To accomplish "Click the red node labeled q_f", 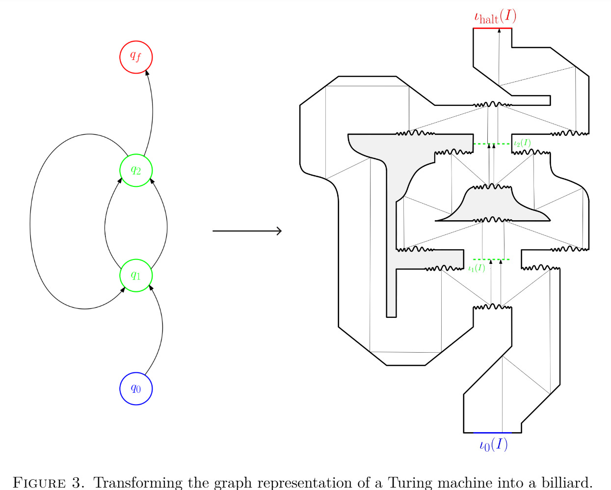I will tap(136, 57).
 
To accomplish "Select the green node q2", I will tap(136, 170).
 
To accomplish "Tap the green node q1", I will tap(136, 276).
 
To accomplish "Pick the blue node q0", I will tap(136, 388).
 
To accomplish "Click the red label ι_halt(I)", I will tap(495, 17).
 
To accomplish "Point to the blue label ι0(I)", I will tap(493, 445).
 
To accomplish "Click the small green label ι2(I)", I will tap(522, 143).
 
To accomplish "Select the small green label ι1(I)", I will tap(477, 268).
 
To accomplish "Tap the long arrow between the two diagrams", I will tap(247, 231).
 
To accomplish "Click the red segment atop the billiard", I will tap(492, 28).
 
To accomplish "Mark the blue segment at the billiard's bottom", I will tap(492, 433).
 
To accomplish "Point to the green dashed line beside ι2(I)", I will tap(492, 144).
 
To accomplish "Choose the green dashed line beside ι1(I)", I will tap(491, 259).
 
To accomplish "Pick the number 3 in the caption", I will tap(77, 482).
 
